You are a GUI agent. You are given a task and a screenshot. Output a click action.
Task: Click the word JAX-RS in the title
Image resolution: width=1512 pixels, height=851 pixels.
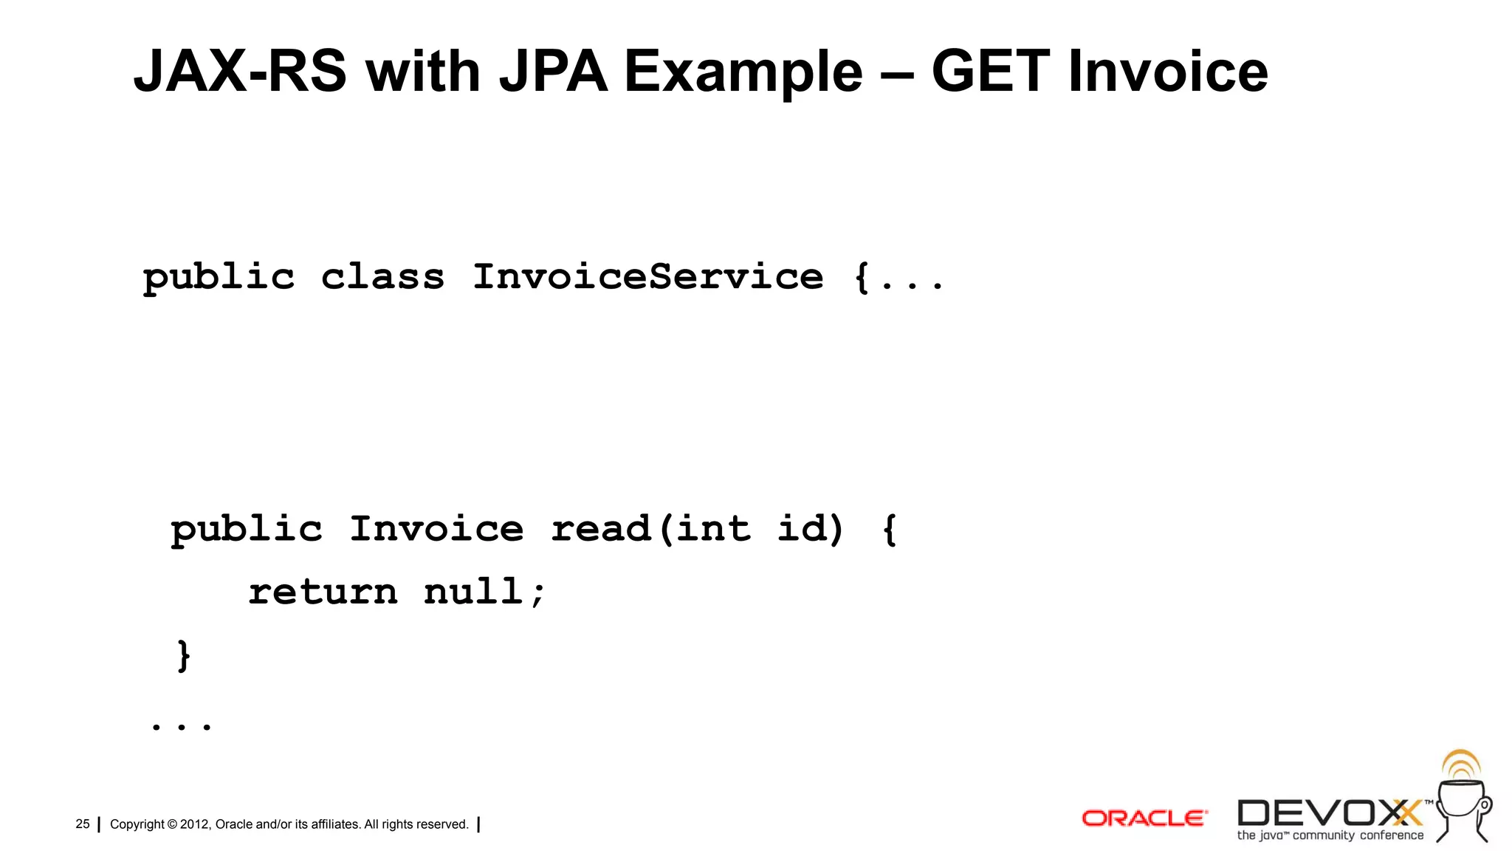240,72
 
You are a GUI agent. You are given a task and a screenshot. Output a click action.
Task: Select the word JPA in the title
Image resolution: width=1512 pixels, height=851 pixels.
553,72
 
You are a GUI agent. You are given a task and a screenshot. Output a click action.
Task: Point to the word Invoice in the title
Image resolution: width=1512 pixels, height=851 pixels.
1168,72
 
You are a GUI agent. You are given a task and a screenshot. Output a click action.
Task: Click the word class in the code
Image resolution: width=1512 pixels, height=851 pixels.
382,277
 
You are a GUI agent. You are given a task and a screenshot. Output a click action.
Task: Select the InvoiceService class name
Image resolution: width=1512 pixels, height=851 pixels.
647,277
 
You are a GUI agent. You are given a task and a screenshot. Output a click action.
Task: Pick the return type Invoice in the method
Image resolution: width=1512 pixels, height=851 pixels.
436,529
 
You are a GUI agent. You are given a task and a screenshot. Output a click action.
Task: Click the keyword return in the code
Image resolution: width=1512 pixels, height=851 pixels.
323,592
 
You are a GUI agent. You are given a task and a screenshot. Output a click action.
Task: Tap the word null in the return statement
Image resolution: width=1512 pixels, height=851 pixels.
473,592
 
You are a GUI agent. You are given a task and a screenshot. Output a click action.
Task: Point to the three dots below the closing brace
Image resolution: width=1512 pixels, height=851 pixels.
181,727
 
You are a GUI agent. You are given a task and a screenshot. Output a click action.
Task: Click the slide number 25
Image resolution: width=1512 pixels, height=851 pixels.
83,824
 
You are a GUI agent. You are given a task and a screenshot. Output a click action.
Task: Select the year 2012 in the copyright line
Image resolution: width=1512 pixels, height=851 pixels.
195,824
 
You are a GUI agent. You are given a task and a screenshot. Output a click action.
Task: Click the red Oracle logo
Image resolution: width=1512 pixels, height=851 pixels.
1144,818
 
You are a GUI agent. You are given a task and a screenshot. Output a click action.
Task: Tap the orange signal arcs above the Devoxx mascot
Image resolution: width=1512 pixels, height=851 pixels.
1461,765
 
